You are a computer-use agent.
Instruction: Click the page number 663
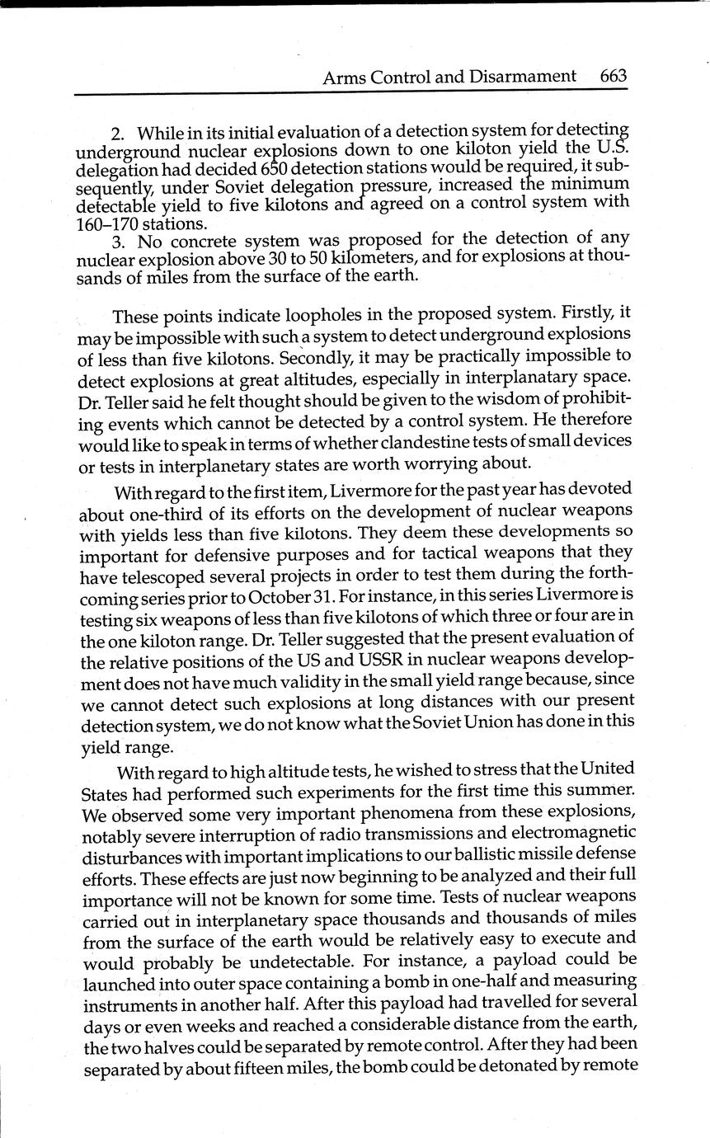coord(614,77)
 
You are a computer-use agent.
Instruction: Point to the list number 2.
coord(116,134)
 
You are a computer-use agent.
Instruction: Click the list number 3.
coord(117,241)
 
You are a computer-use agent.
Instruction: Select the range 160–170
coord(108,223)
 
